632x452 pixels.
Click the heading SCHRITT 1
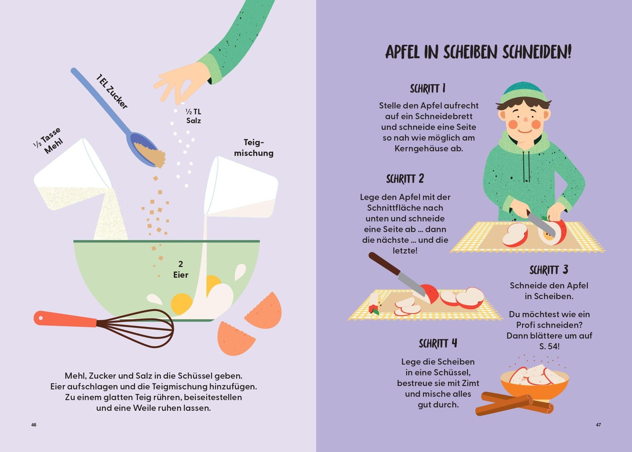coord(428,89)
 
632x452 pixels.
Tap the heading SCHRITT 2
coord(405,179)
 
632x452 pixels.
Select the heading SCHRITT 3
coord(549,270)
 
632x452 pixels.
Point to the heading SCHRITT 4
coord(438,343)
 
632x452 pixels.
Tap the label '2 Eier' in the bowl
coord(181,269)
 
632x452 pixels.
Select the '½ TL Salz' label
coord(194,116)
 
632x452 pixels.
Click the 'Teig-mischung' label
coord(254,148)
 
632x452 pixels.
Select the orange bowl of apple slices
coord(534,385)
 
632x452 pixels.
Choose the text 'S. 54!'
coord(549,346)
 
